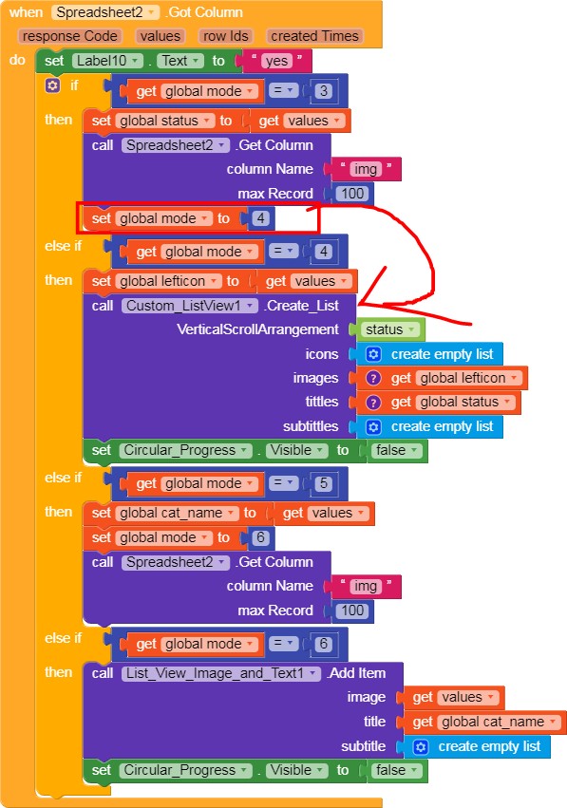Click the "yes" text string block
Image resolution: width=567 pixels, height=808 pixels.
click(x=276, y=61)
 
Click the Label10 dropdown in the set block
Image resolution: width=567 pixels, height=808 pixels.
click(x=107, y=61)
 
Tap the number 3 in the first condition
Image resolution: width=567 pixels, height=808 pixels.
click(x=323, y=91)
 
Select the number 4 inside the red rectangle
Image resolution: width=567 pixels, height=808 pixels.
click(x=260, y=218)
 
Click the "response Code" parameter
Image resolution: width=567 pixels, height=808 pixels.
click(x=69, y=36)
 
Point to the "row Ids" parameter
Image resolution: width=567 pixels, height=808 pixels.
click(x=226, y=36)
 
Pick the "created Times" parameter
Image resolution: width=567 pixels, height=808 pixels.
click(x=314, y=36)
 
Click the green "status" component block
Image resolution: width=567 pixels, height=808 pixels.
click(x=390, y=329)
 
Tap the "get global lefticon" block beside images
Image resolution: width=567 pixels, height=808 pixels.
click(x=442, y=378)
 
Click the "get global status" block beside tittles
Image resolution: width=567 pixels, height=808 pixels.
click(x=438, y=403)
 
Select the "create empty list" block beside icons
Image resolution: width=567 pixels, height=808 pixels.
click(x=429, y=354)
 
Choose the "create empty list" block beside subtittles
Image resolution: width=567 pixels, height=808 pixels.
click(x=429, y=426)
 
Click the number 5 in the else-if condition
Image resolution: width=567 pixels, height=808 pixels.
click(x=323, y=483)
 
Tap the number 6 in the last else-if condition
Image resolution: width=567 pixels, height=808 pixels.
click(x=323, y=644)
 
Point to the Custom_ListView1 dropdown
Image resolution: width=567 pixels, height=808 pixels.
click(x=190, y=306)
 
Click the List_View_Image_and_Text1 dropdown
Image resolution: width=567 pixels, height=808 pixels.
click(x=221, y=673)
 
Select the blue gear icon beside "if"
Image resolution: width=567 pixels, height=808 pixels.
click(x=52, y=85)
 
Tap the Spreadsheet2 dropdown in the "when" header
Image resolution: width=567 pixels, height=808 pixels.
click(x=105, y=12)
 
